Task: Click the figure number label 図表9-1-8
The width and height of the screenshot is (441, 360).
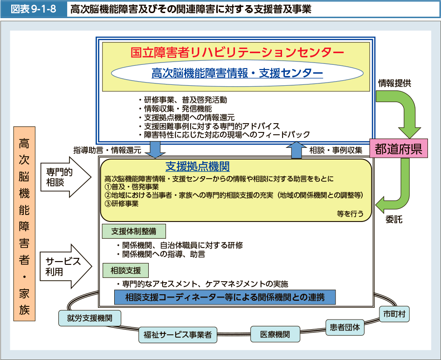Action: pos(32,9)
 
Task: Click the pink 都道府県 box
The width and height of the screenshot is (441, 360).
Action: pos(399,149)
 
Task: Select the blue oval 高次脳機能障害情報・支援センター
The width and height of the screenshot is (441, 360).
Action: pos(237,73)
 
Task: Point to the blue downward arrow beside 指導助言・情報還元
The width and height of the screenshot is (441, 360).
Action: pos(155,149)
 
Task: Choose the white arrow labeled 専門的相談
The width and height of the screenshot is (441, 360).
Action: pos(65,177)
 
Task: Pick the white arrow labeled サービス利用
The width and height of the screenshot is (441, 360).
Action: pos(65,266)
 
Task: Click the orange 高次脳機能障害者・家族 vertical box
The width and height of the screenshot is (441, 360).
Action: pos(24,224)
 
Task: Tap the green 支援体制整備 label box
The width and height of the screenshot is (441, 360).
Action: pos(134,231)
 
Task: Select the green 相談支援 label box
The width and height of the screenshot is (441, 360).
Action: pos(126,270)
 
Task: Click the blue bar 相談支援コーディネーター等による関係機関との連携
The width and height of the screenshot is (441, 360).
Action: pos(225,297)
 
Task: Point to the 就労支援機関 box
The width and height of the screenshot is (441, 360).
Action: pos(90,318)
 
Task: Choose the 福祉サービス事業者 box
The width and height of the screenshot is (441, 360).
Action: pos(178,334)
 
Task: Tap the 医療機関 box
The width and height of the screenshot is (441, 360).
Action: pos(275,334)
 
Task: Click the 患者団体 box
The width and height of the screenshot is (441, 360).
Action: pos(345,327)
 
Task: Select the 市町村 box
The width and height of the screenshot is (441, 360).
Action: pos(394,314)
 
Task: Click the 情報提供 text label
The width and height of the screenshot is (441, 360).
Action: pos(394,83)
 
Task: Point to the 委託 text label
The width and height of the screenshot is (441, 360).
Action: pos(394,218)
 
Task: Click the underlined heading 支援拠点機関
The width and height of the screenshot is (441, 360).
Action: pos(197,166)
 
